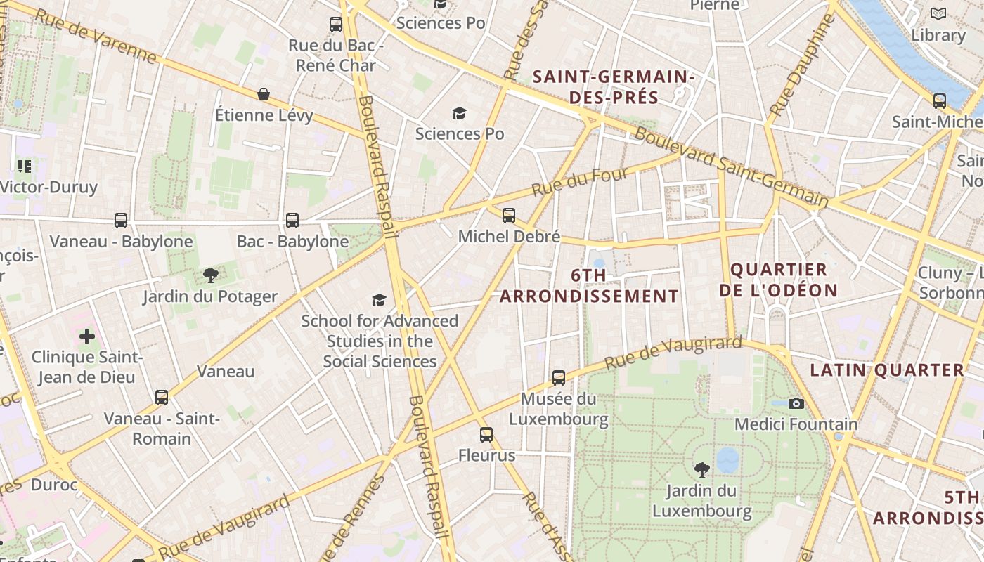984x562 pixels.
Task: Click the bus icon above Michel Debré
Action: pos(509,216)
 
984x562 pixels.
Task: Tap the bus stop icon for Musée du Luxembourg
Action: pos(559,378)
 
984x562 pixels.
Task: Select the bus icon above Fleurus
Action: pos(486,435)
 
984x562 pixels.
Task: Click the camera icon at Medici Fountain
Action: pos(796,403)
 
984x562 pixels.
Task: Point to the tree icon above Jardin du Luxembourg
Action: pos(701,469)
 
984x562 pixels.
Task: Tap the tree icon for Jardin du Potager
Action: pos(210,275)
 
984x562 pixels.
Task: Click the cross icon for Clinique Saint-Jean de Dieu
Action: pos(87,336)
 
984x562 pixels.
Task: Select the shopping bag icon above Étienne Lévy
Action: pos(264,94)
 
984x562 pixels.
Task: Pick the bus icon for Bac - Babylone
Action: pos(292,221)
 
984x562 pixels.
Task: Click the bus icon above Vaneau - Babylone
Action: pos(121,221)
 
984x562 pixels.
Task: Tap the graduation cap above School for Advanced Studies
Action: pos(380,300)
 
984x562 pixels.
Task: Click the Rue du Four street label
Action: pos(579,181)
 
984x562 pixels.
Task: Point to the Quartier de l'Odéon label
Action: pos(779,280)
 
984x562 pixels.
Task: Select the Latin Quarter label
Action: pos(887,370)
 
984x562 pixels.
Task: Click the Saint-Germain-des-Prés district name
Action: pos(614,86)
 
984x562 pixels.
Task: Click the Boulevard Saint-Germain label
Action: pos(731,167)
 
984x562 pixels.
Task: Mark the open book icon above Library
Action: pos(938,13)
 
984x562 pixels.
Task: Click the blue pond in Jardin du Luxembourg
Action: pos(727,461)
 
